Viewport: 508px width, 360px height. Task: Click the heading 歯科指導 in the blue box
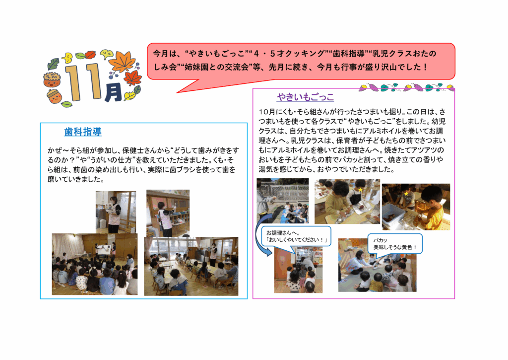tap(83, 132)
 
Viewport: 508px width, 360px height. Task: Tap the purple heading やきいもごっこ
tap(306, 97)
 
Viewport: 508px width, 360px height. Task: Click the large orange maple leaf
tap(122, 61)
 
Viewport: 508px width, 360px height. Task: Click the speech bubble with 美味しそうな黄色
tap(395, 244)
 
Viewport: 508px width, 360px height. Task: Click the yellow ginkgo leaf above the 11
tap(67, 59)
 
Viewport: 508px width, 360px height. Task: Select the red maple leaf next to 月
tap(132, 78)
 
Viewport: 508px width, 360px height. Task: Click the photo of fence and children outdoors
tap(282, 201)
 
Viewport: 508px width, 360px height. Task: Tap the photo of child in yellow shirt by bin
tap(416, 207)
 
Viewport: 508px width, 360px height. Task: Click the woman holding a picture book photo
tap(116, 212)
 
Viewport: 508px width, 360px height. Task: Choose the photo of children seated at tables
tap(191, 266)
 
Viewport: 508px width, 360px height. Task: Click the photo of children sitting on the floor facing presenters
tap(95, 264)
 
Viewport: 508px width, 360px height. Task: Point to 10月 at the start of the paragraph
tap(267, 112)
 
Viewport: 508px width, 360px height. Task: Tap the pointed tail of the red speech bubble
tap(178, 92)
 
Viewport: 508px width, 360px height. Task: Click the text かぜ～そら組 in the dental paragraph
tap(68, 150)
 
